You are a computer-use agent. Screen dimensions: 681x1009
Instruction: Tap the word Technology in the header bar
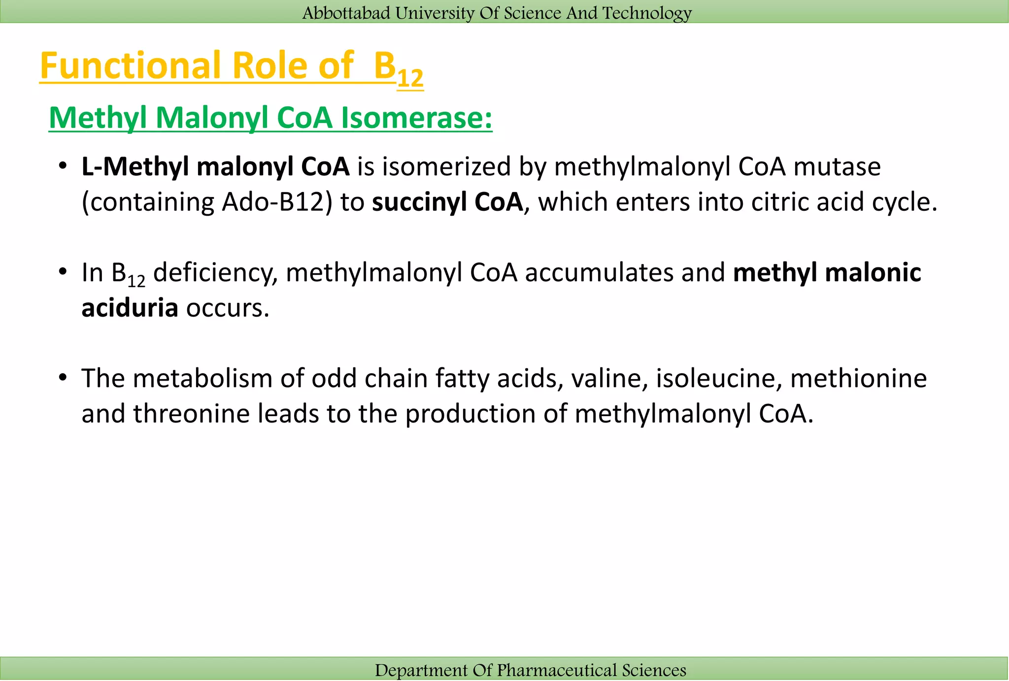coord(647,13)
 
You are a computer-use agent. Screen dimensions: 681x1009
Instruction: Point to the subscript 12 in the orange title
coord(410,78)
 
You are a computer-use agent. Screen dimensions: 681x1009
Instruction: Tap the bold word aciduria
coord(130,308)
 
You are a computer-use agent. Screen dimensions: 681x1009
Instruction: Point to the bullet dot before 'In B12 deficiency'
coord(62,272)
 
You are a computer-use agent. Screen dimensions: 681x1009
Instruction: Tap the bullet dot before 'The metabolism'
coord(62,378)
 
